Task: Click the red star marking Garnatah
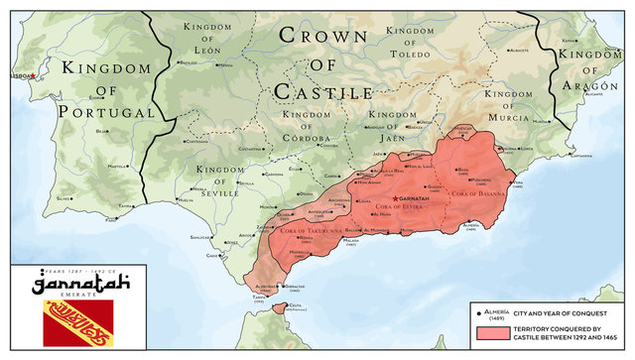(397, 199)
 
